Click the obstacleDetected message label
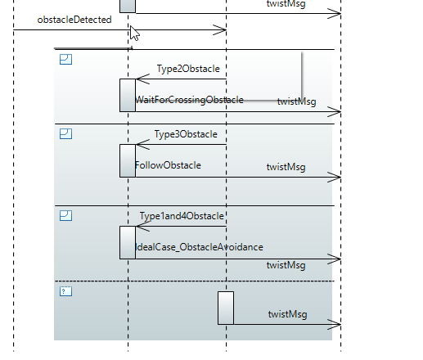pyautogui.click(x=74, y=20)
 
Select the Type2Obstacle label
pyautogui.click(x=188, y=69)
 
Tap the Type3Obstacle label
pyautogui.click(x=186, y=134)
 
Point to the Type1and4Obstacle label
pyautogui.click(x=182, y=216)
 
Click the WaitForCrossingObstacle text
pyautogui.click(x=189, y=100)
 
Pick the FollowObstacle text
pyautogui.click(x=168, y=165)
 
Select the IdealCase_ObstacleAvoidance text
pyautogui.click(x=200, y=247)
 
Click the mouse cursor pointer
pyautogui.click(x=133, y=33)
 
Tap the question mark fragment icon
pyautogui.click(x=65, y=291)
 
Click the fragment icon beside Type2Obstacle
pyautogui.click(x=65, y=59)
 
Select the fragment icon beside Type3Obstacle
pyautogui.click(x=65, y=134)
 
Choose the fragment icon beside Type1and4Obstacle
pyautogui.click(x=65, y=215)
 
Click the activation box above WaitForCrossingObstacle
pyautogui.click(x=128, y=95)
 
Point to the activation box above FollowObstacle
pyautogui.click(x=128, y=160)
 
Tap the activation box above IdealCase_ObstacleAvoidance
pyautogui.click(x=128, y=242)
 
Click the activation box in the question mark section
pyautogui.click(x=226, y=308)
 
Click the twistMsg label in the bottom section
pyautogui.click(x=287, y=314)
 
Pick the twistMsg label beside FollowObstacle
pyautogui.click(x=286, y=167)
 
